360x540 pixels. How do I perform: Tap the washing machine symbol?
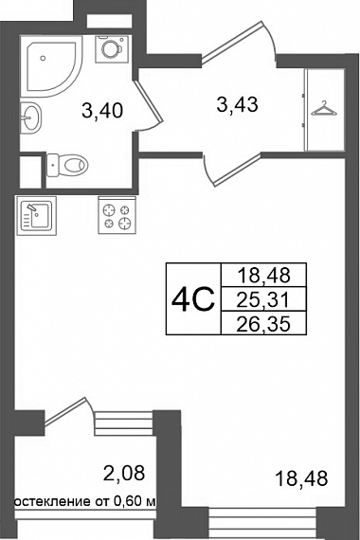pos(112,49)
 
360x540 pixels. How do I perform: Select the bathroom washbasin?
pos(30,117)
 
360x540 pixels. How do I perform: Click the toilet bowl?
pos(67,165)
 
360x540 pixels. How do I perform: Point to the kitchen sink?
pos(36,215)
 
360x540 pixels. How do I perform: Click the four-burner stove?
pos(117,215)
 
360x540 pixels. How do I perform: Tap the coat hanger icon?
pos(324,108)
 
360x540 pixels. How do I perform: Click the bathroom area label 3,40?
pos(102,111)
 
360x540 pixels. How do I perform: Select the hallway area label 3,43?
pos(238,104)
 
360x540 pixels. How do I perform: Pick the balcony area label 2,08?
pos(124,473)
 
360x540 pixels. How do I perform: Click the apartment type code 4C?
pos(193,299)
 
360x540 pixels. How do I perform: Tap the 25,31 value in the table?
pos(263,300)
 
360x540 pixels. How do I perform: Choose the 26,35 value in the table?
pos(263,324)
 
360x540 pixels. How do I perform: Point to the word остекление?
pos(52,501)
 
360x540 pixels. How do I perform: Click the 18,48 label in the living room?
pos(302,478)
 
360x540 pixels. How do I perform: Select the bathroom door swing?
pos(148,106)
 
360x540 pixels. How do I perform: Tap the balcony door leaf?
pos(65,410)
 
